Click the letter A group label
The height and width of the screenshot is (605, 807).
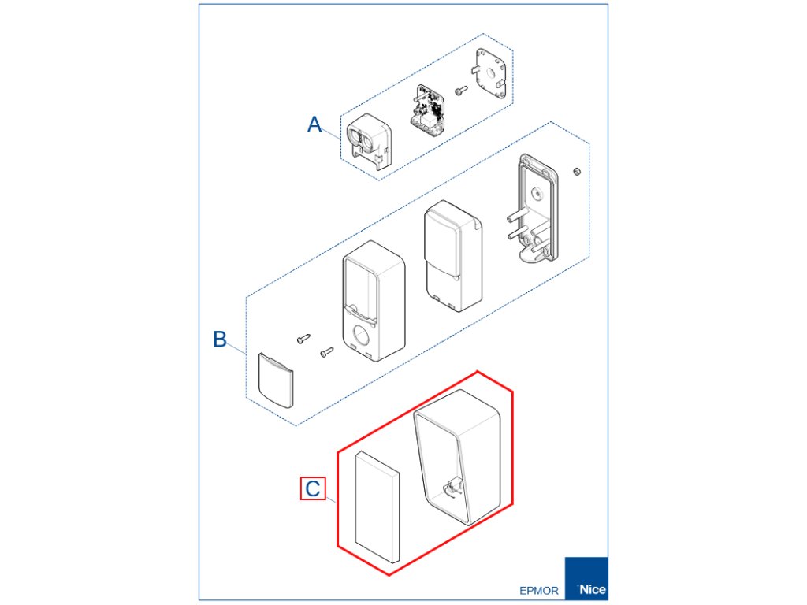pyautogui.click(x=314, y=124)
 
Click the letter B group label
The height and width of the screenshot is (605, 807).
pyautogui.click(x=220, y=340)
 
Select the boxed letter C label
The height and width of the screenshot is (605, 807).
pyautogui.click(x=313, y=488)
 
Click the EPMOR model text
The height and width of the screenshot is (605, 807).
pyautogui.click(x=539, y=590)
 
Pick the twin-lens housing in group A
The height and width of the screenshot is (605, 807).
pyautogui.click(x=368, y=140)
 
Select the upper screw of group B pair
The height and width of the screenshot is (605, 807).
pyautogui.click(x=304, y=339)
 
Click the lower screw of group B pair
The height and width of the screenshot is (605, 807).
pyautogui.click(x=327, y=352)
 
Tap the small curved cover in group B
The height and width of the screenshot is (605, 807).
pyautogui.click(x=276, y=380)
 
